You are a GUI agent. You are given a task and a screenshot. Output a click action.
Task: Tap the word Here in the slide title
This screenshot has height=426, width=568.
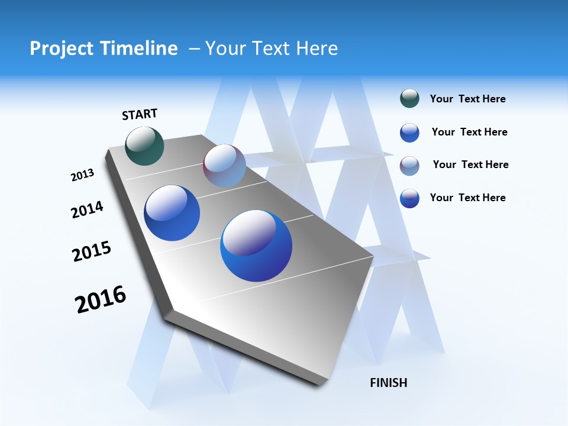(317, 49)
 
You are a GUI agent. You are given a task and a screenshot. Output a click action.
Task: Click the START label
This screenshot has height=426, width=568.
(140, 114)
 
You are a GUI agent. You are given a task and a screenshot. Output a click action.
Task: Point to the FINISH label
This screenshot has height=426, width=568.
(388, 383)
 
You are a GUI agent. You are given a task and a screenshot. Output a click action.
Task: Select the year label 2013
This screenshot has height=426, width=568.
(82, 175)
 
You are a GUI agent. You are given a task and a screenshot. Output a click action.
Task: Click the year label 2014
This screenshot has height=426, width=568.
(87, 209)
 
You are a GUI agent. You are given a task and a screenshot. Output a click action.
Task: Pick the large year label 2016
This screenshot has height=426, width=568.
(101, 299)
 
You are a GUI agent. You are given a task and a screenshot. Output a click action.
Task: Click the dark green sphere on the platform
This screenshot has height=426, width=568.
(145, 146)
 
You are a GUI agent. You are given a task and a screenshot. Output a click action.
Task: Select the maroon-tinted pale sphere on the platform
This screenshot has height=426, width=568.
(224, 166)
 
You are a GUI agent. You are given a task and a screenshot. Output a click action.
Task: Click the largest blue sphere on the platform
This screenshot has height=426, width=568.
(256, 246)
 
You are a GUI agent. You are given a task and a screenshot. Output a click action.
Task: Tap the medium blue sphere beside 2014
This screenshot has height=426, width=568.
(172, 213)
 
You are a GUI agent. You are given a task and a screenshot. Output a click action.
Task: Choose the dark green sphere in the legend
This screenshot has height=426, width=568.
(409, 99)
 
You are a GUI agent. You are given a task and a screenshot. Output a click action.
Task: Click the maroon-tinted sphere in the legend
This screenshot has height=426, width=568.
(409, 165)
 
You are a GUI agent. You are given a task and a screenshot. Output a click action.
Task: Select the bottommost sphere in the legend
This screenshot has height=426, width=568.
(409, 198)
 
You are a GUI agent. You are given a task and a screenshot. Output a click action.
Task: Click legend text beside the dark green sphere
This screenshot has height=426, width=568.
(467, 99)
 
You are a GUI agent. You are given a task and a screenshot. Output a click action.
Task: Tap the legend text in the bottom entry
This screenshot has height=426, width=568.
(467, 198)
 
